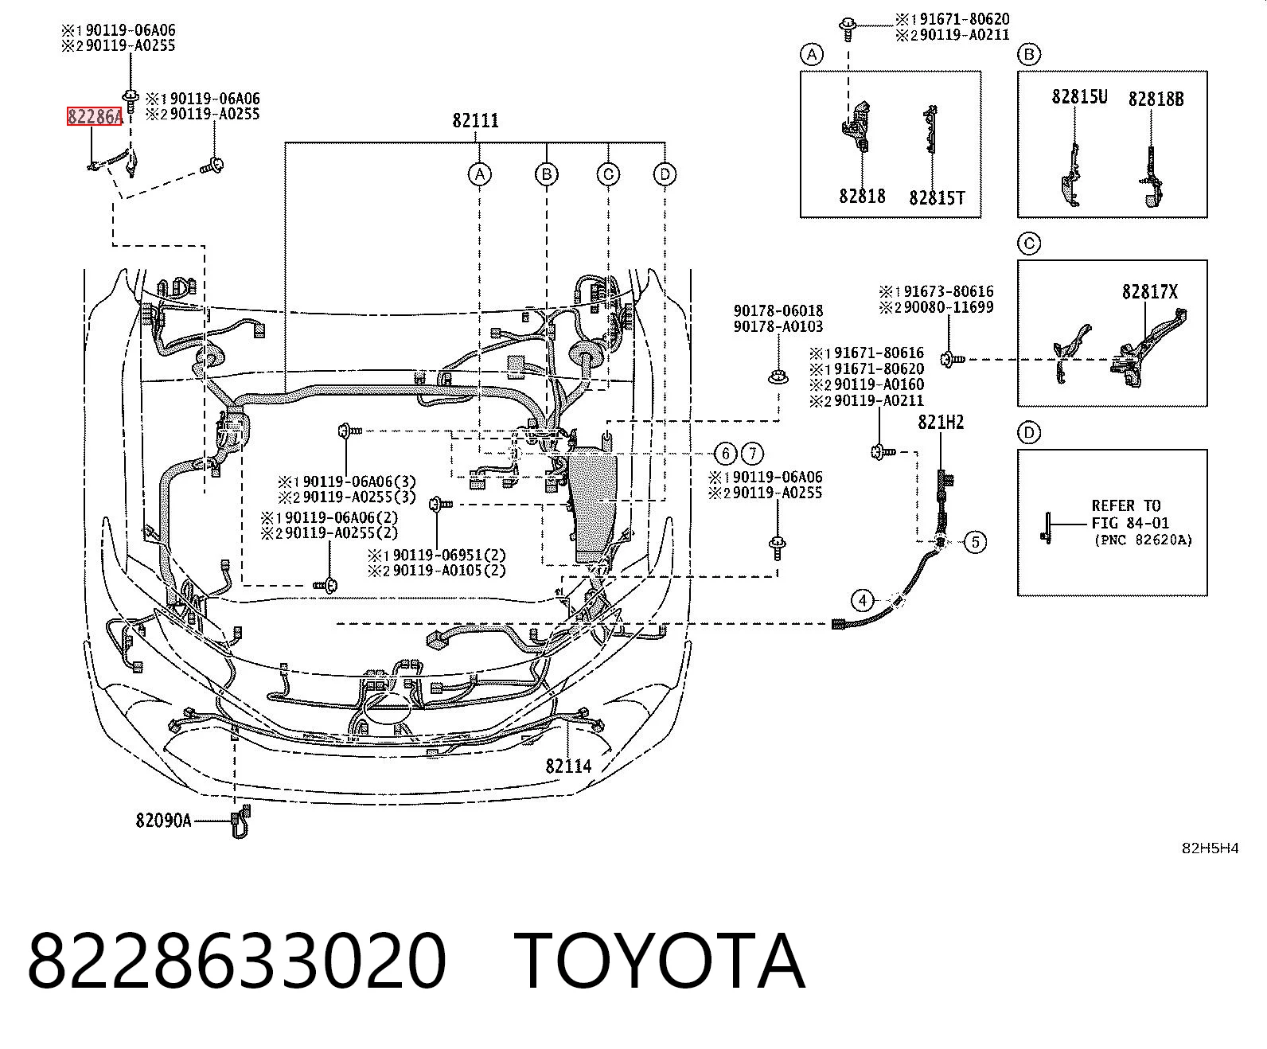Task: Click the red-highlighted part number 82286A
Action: (95, 116)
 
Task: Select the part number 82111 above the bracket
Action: (476, 121)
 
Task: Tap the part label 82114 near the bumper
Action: (568, 766)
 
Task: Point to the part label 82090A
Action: (163, 821)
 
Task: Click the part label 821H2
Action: (941, 422)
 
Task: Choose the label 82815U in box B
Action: (1079, 97)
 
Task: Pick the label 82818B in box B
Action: (1156, 99)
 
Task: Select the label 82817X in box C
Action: (1150, 292)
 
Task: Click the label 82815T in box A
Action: (937, 198)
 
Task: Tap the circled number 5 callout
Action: (975, 542)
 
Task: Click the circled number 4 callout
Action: (862, 601)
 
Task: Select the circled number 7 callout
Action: (752, 454)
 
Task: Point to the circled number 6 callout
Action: (725, 454)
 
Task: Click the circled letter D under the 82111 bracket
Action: (665, 175)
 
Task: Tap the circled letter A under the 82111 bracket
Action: (479, 175)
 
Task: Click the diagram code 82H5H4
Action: (1210, 848)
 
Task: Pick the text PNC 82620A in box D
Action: (1143, 540)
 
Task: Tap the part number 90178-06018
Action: (778, 311)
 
